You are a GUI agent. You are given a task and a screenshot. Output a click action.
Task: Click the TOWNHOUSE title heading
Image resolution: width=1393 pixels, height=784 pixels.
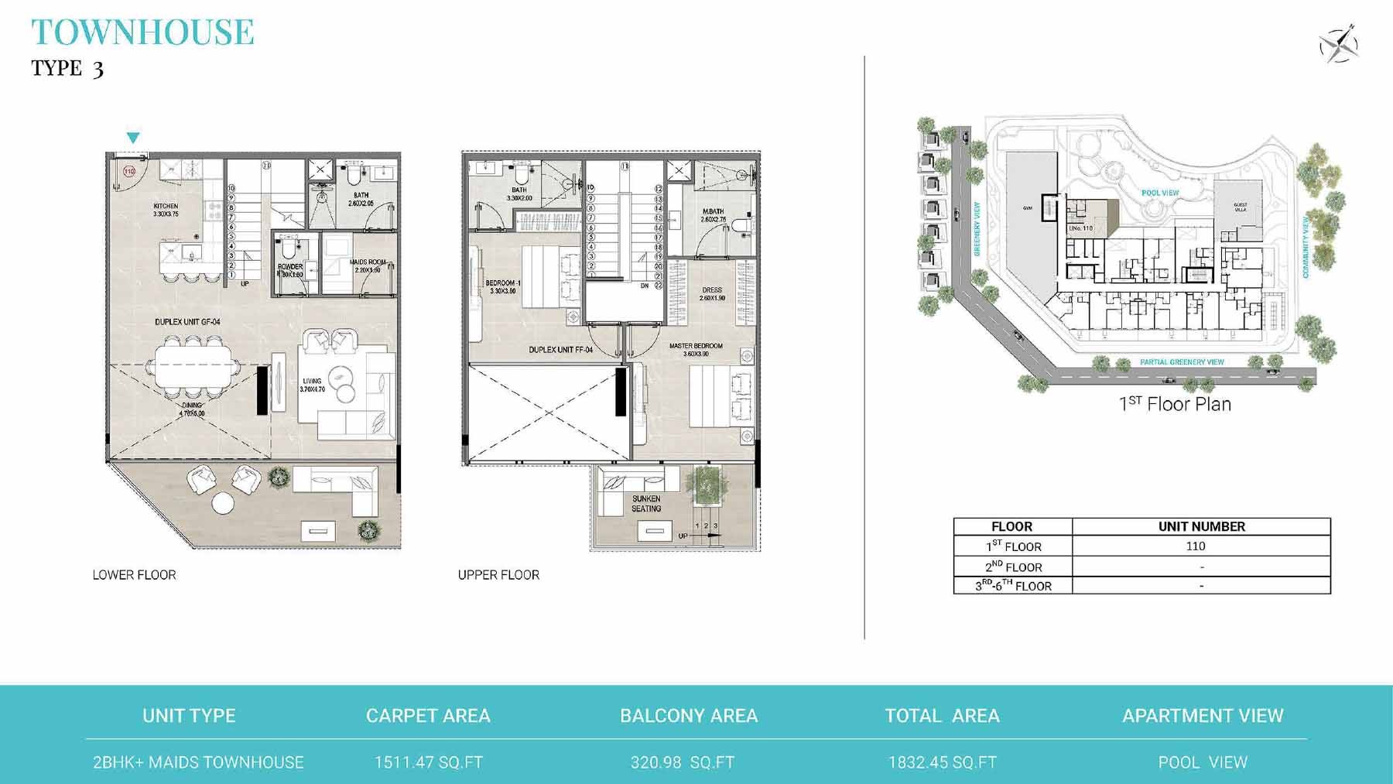[143, 32]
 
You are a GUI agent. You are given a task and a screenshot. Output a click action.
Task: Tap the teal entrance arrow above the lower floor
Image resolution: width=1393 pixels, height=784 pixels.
[133, 138]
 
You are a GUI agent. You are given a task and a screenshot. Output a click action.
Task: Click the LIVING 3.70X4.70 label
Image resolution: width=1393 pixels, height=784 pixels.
[312, 385]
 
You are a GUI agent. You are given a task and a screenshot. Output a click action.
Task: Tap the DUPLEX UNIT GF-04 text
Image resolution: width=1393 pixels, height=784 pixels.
[187, 321]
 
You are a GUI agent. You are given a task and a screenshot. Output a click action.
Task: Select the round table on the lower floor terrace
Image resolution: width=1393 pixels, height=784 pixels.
[223, 503]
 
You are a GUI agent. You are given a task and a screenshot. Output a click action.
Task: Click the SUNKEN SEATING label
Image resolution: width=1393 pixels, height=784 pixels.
[646, 504]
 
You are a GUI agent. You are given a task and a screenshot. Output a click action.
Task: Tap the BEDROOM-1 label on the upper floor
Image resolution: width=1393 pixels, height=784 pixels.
[503, 287]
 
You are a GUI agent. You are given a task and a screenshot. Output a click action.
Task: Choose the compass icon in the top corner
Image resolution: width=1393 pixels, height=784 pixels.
[1339, 43]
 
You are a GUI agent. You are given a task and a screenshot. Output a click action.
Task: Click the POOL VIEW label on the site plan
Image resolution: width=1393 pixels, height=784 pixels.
[1160, 193]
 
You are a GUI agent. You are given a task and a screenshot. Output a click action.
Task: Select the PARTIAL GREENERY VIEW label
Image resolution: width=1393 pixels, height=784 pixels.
[1182, 362]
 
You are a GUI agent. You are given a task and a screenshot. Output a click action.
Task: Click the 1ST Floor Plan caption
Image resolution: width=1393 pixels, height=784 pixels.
[1175, 404]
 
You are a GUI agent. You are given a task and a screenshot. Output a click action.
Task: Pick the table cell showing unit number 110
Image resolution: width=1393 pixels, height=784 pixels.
[1196, 546]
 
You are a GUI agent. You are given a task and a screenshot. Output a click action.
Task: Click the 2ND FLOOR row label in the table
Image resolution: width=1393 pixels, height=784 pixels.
[1013, 567]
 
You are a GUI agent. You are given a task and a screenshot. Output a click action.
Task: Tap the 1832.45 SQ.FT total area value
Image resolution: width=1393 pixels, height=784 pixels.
[942, 762]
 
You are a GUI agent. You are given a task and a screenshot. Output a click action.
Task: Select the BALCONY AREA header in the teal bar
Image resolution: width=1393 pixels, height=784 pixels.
[689, 716]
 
